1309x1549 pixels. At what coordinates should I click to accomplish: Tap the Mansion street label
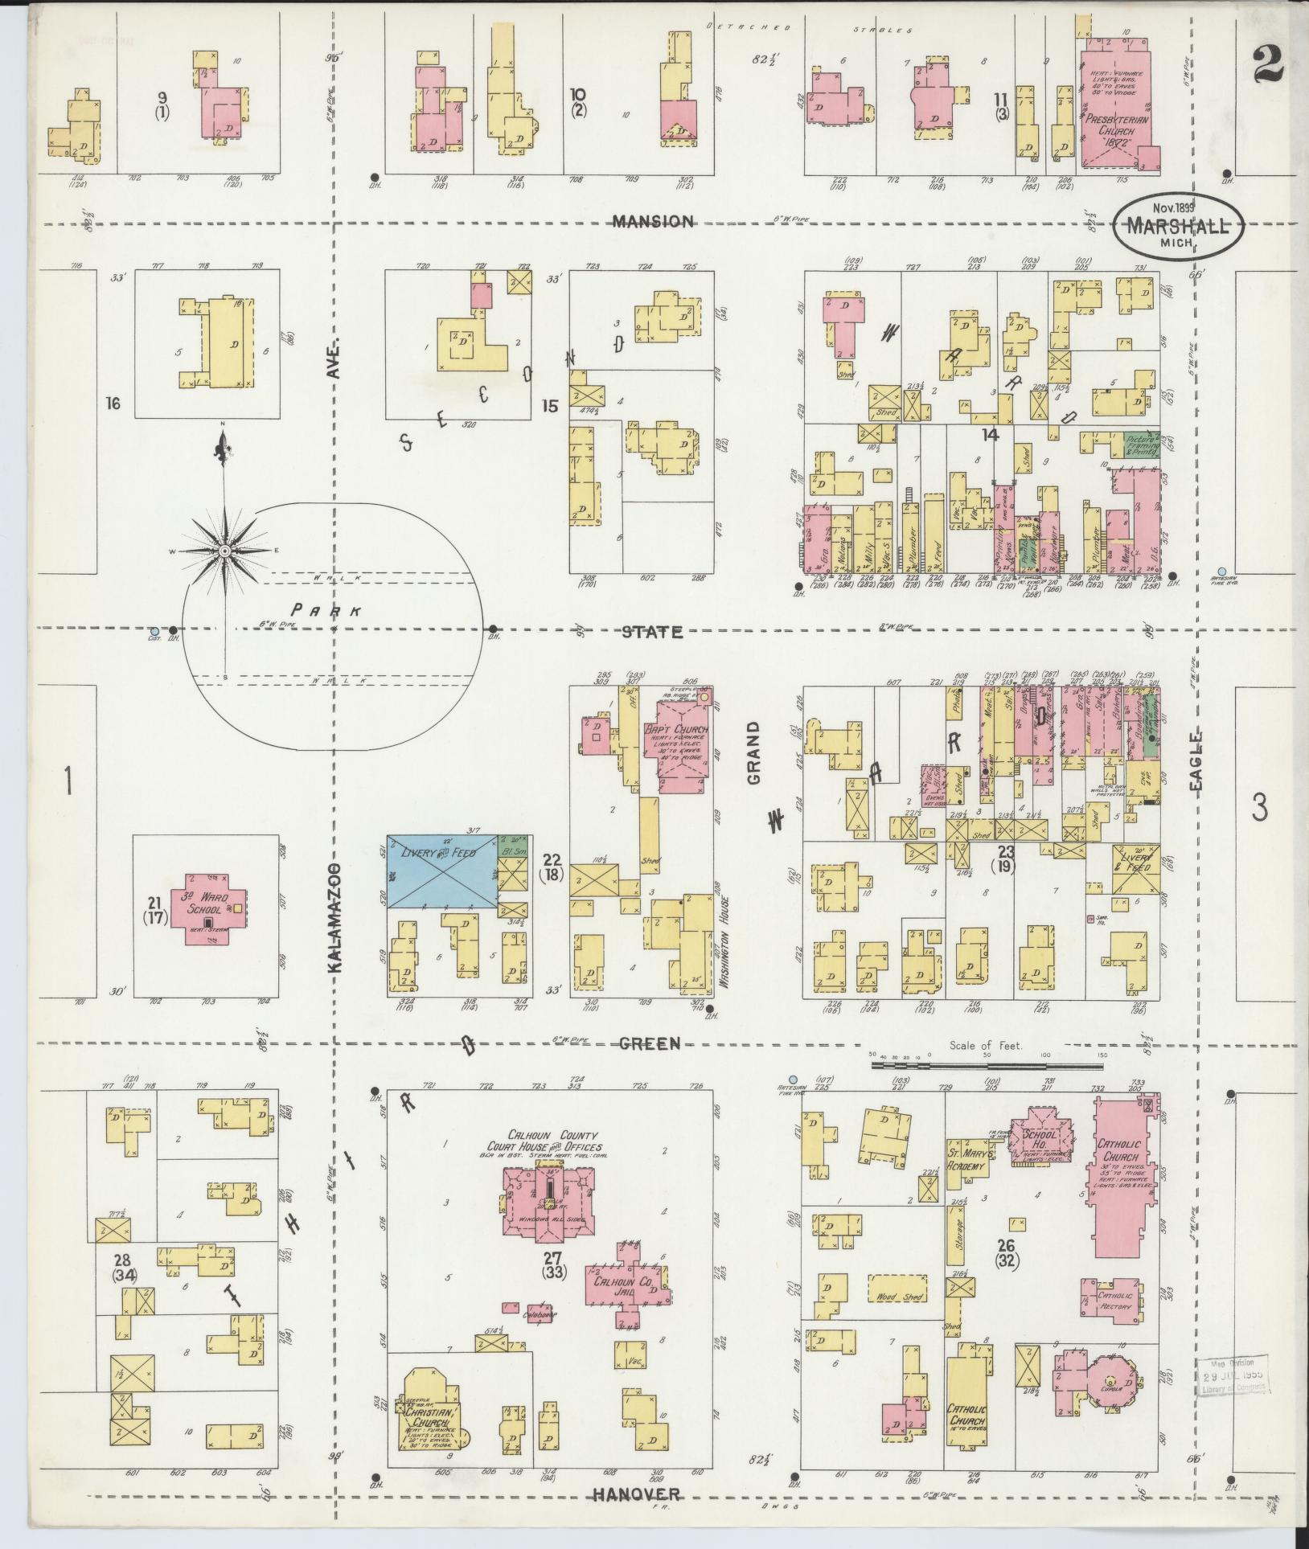(652, 221)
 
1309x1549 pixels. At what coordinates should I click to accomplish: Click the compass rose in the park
(224, 550)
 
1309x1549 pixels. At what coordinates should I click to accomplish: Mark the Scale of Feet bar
(988, 1065)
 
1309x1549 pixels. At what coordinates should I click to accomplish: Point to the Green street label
(651, 1043)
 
